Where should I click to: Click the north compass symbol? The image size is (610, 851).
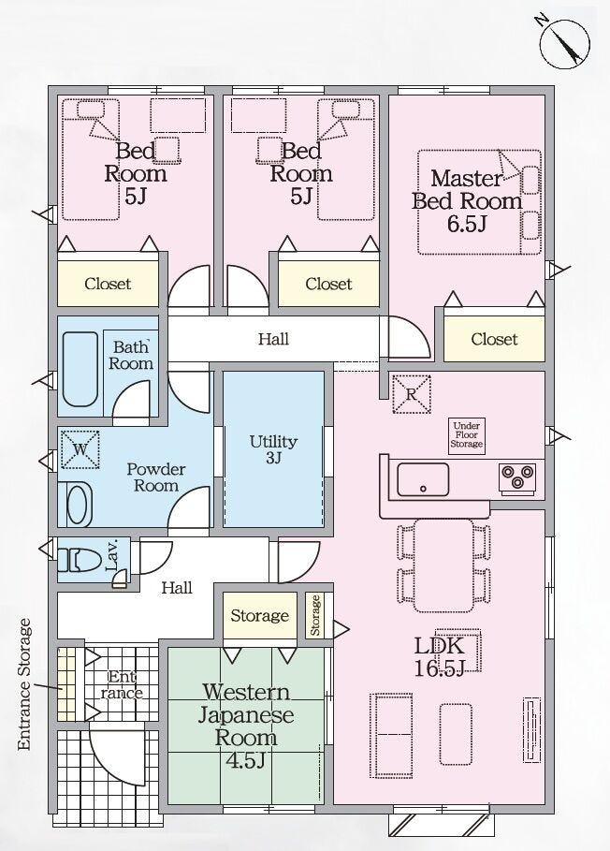click(x=564, y=44)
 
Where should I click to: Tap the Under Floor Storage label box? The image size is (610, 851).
click(x=466, y=434)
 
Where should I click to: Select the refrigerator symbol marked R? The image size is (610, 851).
click(x=411, y=394)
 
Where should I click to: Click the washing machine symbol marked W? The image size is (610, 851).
click(x=80, y=448)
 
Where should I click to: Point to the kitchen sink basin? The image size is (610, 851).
click(x=423, y=479)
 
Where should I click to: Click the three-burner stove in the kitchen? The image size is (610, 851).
click(x=517, y=477)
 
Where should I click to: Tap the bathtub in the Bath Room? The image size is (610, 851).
click(x=80, y=369)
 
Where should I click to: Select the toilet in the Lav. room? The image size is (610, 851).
click(x=80, y=560)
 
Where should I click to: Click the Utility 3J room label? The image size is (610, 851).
click(x=273, y=448)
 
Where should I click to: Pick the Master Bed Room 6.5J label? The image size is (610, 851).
click(x=467, y=200)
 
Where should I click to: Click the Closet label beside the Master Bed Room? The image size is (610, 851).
click(x=494, y=339)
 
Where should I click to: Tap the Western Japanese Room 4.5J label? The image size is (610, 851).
click(x=246, y=726)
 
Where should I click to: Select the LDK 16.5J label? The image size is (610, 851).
click(x=439, y=657)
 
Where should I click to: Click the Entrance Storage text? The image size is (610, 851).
click(x=24, y=685)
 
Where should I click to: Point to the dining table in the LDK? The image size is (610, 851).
click(x=444, y=565)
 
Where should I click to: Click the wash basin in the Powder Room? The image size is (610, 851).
click(x=80, y=505)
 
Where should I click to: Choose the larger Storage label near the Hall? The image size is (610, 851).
click(x=260, y=615)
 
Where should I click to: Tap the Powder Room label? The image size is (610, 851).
click(x=156, y=477)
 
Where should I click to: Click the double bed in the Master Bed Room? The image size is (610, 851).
click(x=479, y=202)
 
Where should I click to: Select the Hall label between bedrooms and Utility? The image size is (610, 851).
click(x=273, y=339)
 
